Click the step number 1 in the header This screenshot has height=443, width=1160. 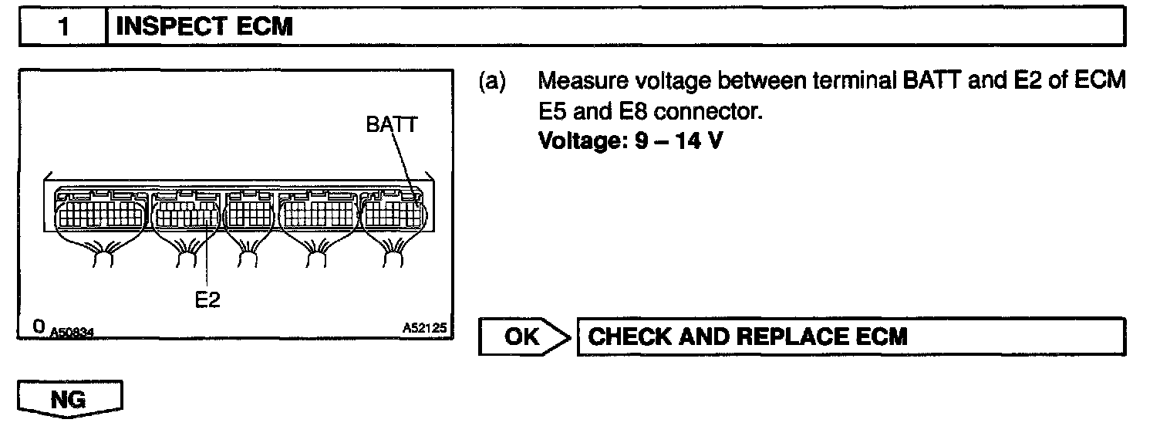pos(64,28)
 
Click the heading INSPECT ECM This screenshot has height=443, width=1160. pos(204,28)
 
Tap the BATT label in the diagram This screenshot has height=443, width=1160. pos(392,125)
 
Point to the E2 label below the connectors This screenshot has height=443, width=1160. pos(207,300)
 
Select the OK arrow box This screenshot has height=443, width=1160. pos(524,336)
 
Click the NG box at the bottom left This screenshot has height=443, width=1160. pos(69,401)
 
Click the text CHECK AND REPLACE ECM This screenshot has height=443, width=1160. pos(747,336)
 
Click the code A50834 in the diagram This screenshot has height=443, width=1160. pos(72,332)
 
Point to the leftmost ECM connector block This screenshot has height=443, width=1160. pos(100,212)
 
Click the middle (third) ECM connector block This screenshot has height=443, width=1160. pos(248,212)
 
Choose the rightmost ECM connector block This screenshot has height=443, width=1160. pos(392,212)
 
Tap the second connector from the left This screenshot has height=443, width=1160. pos(186,212)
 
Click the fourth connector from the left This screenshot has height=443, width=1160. pos(318,212)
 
